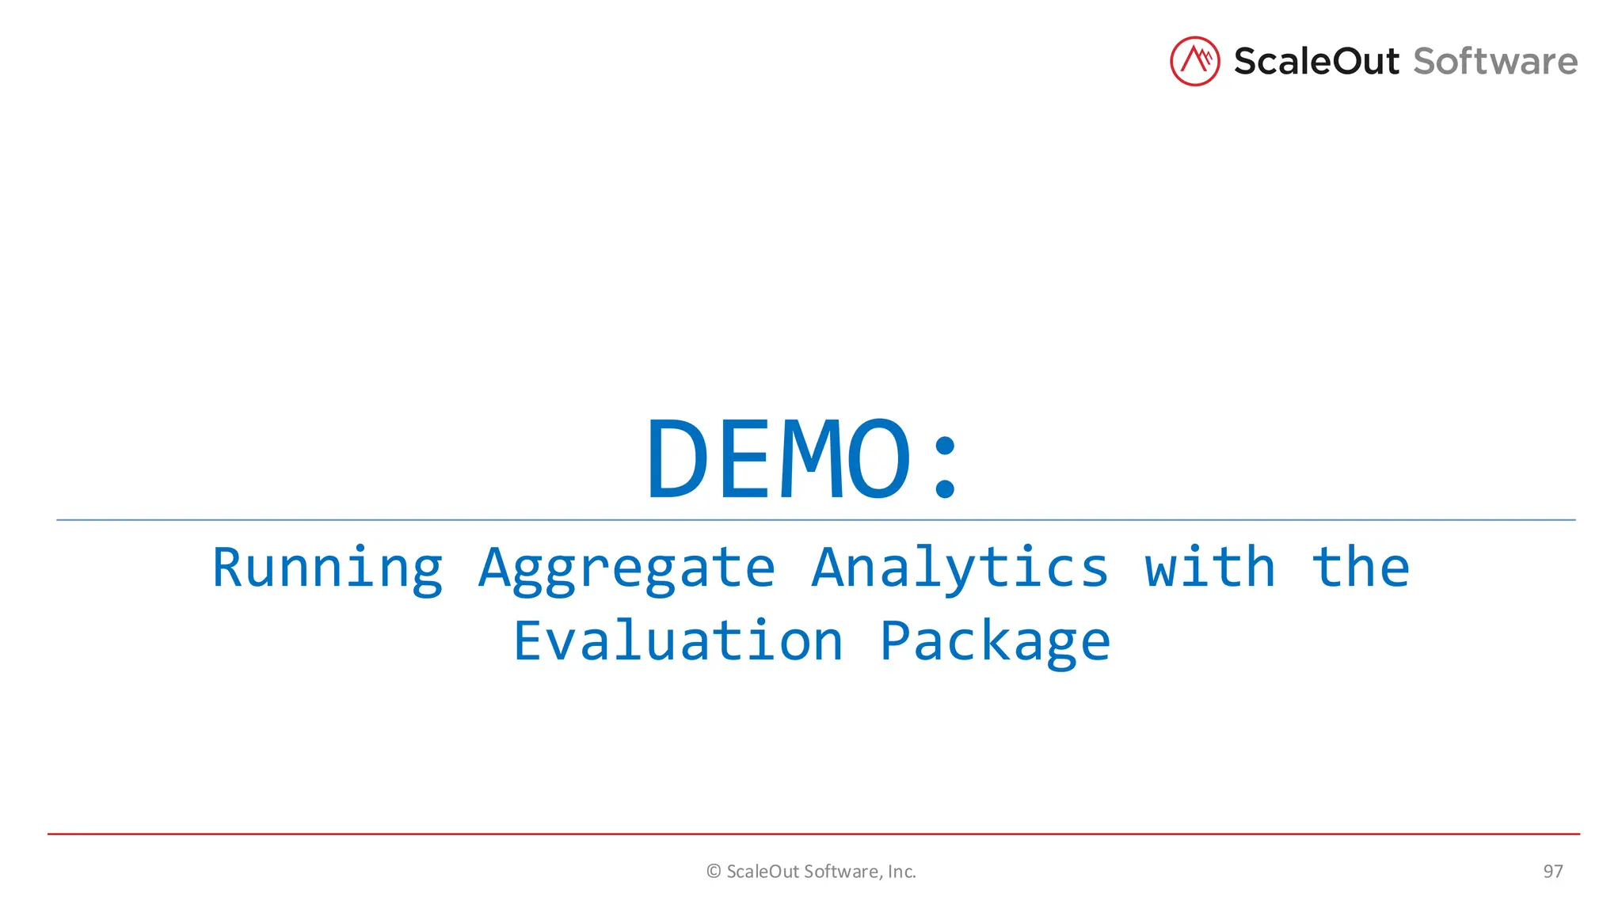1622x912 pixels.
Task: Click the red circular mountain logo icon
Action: [x=1194, y=61]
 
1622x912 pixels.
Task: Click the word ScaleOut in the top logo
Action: [x=1315, y=62]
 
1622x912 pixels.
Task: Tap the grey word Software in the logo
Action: [x=1494, y=62]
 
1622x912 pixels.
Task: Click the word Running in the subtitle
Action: [x=327, y=568]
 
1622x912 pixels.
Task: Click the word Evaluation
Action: [x=678, y=640]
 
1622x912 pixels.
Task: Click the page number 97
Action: [x=1552, y=872]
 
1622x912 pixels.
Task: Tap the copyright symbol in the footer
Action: [x=713, y=872]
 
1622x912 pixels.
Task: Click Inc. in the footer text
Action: [x=901, y=872]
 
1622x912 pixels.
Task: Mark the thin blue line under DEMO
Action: [x=816, y=520]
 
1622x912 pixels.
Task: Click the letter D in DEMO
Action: [x=677, y=460]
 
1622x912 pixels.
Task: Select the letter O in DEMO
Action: [x=878, y=460]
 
